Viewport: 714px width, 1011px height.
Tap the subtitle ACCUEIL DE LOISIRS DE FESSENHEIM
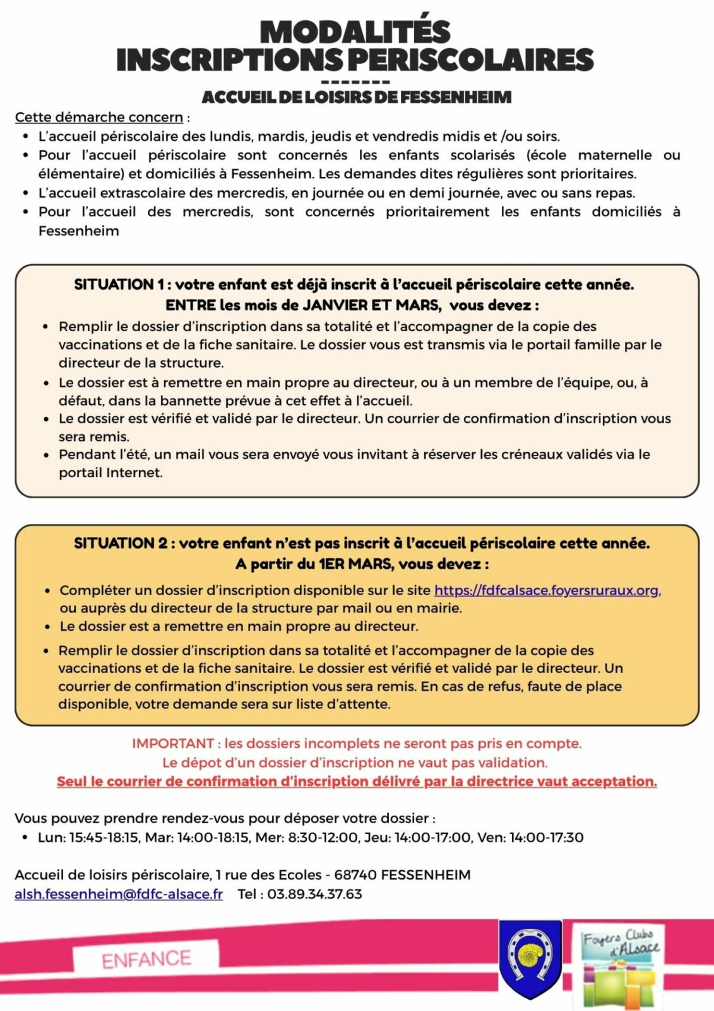tap(357, 97)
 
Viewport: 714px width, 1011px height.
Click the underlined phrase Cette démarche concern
tap(99, 118)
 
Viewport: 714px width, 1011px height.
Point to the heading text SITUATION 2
tap(121, 543)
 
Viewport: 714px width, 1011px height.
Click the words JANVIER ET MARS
tap(371, 305)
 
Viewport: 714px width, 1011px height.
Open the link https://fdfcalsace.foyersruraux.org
tap(546, 590)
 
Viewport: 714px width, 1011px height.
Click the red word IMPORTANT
tap(173, 744)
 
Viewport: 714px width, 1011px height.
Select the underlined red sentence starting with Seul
tap(357, 782)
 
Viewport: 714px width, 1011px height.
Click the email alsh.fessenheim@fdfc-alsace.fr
tap(119, 894)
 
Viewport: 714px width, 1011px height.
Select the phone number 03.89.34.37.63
tap(314, 894)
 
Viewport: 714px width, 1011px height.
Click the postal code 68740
tap(355, 875)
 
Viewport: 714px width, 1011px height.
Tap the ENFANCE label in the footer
tap(146, 959)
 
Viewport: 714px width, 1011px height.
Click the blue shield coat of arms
tap(530, 957)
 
